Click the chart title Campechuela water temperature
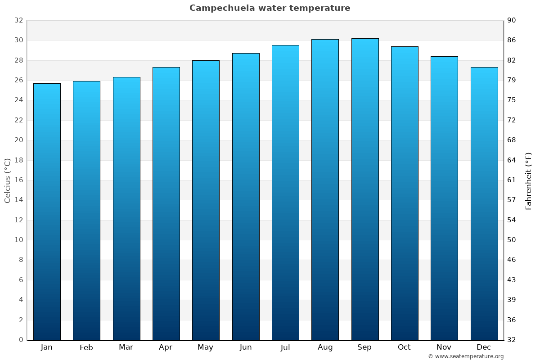[270, 8]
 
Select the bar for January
[47, 211]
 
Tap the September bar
[365, 189]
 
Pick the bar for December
[484, 203]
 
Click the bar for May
[206, 200]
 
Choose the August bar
[325, 189]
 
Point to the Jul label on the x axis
[285, 347]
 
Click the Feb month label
[86, 347]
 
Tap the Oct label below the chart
[404, 347]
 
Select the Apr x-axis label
[166, 347]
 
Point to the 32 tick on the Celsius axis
[18, 21]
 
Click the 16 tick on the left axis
[18, 180]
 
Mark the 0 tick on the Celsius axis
[21, 340]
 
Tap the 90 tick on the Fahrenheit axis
[512, 21]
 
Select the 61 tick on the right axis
[512, 180]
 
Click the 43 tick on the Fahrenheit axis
[512, 280]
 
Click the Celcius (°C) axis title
[8, 180]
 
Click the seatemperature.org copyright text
[466, 356]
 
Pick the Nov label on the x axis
[444, 347]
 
